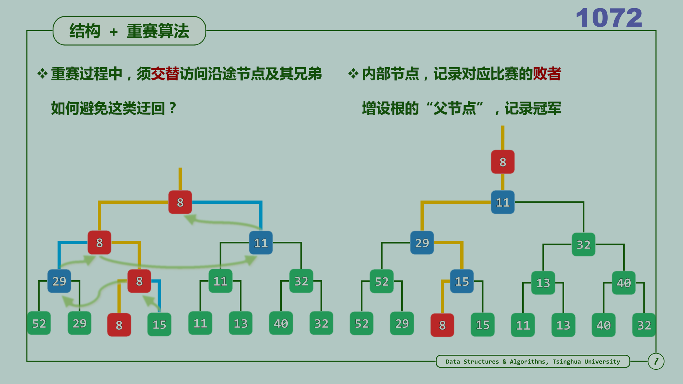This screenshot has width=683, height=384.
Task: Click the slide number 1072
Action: click(x=609, y=18)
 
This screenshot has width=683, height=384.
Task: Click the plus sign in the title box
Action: click(x=114, y=32)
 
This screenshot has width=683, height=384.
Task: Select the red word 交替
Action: click(x=165, y=74)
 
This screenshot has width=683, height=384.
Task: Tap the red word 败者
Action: click(x=547, y=74)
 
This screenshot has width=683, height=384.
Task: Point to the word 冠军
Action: click(x=547, y=108)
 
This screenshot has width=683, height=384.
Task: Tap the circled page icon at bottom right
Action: click(x=656, y=361)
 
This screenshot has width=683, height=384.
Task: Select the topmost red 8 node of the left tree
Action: click(x=180, y=202)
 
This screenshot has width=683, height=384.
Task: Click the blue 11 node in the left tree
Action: click(x=261, y=243)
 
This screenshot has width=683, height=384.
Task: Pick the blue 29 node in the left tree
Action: click(x=59, y=281)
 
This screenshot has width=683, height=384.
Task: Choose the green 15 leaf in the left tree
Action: click(x=159, y=324)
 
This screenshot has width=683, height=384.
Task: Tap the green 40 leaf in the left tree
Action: click(x=281, y=324)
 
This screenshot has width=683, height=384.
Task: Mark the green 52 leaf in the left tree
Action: click(x=39, y=324)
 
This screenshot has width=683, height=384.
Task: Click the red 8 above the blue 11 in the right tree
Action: click(x=503, y=162)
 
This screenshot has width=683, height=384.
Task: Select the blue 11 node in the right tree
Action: click(x=503, y=202)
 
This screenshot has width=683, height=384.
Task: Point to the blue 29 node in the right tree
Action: click(x=422, y=243)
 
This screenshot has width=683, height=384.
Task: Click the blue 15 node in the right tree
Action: click(x=462, y=282)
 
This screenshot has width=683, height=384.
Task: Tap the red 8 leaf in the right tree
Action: click(x=442, y=325)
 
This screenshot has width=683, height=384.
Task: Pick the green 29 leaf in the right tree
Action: click(x=402, y=324)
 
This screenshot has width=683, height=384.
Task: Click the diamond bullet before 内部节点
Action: click(x=353, y=74)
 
